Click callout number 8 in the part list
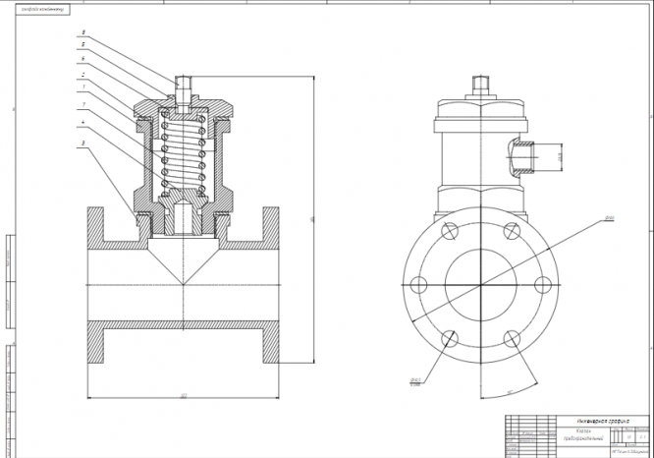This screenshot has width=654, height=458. point(83,32)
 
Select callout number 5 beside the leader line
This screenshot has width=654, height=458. point(83,45)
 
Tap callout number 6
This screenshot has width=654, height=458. point(83,59)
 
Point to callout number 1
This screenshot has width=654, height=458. point(83,87)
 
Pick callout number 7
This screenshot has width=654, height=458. point(83,103)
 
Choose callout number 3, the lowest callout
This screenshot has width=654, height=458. point(83,143)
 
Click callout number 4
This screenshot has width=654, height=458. point(83,124)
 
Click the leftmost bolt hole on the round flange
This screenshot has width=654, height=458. point(417,285)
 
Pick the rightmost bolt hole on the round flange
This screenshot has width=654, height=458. point(542,285)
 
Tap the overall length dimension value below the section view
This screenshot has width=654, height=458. point(184,396)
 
